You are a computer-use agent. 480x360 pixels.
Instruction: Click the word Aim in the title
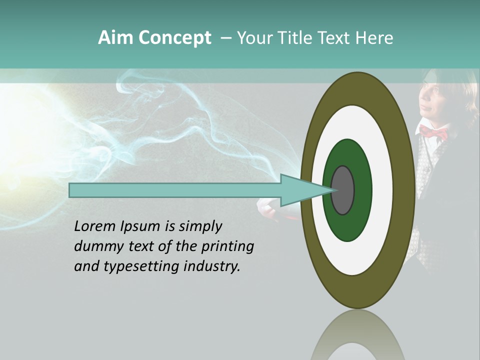pos(115,38)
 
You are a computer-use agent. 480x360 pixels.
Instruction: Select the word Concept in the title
pos(174,38)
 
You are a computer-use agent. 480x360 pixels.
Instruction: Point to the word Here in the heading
pos(375,38)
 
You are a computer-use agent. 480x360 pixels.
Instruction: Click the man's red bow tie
pos(433,132)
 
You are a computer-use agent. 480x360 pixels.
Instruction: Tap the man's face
pos(432,97)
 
